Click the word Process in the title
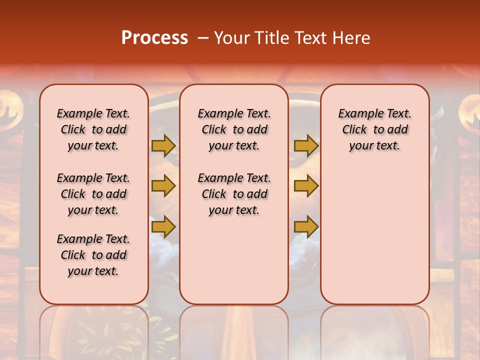[154, 38]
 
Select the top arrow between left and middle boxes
[163, 145]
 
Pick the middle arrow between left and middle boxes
[163, 186]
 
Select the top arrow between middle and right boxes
[306, 145]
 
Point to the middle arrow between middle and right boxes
[306, 186]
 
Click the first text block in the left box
[93, 129]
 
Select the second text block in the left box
[93, 194]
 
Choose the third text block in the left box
[93, 255]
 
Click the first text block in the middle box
[234, 129]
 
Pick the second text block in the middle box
[234, 194]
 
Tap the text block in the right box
[374, 129]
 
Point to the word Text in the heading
[310, 38]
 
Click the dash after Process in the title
[203, 38]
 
